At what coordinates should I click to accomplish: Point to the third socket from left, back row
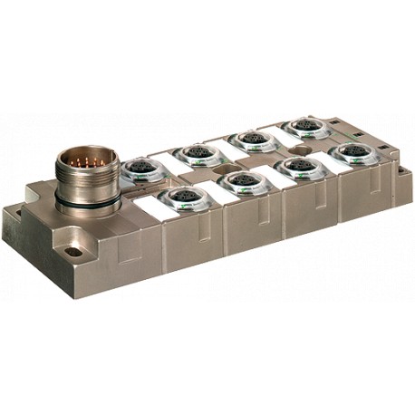(x=248, y=140)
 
